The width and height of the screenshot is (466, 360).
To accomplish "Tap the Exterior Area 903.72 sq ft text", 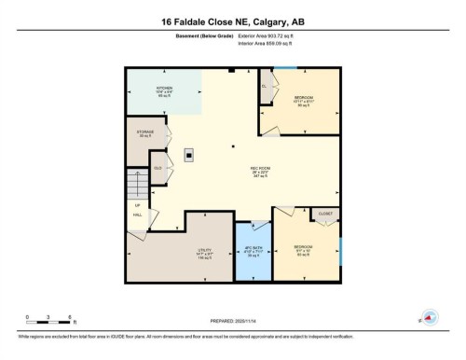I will tap(269, 35).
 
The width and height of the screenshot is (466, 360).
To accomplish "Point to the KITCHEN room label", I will tap(166, 90).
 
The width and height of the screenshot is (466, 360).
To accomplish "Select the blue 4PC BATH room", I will tap(253, 252).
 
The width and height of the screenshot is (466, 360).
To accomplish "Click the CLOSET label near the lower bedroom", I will tap(324, 214).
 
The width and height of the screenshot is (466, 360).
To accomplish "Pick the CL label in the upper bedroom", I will tap(265, 85).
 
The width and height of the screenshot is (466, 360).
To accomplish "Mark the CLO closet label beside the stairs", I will tap(158, 167).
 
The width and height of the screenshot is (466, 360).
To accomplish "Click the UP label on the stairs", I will tap(137, 204).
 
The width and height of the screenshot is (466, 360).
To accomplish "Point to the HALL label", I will tap(137, 215).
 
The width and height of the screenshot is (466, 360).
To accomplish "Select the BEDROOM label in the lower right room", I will tap(303, 247).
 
